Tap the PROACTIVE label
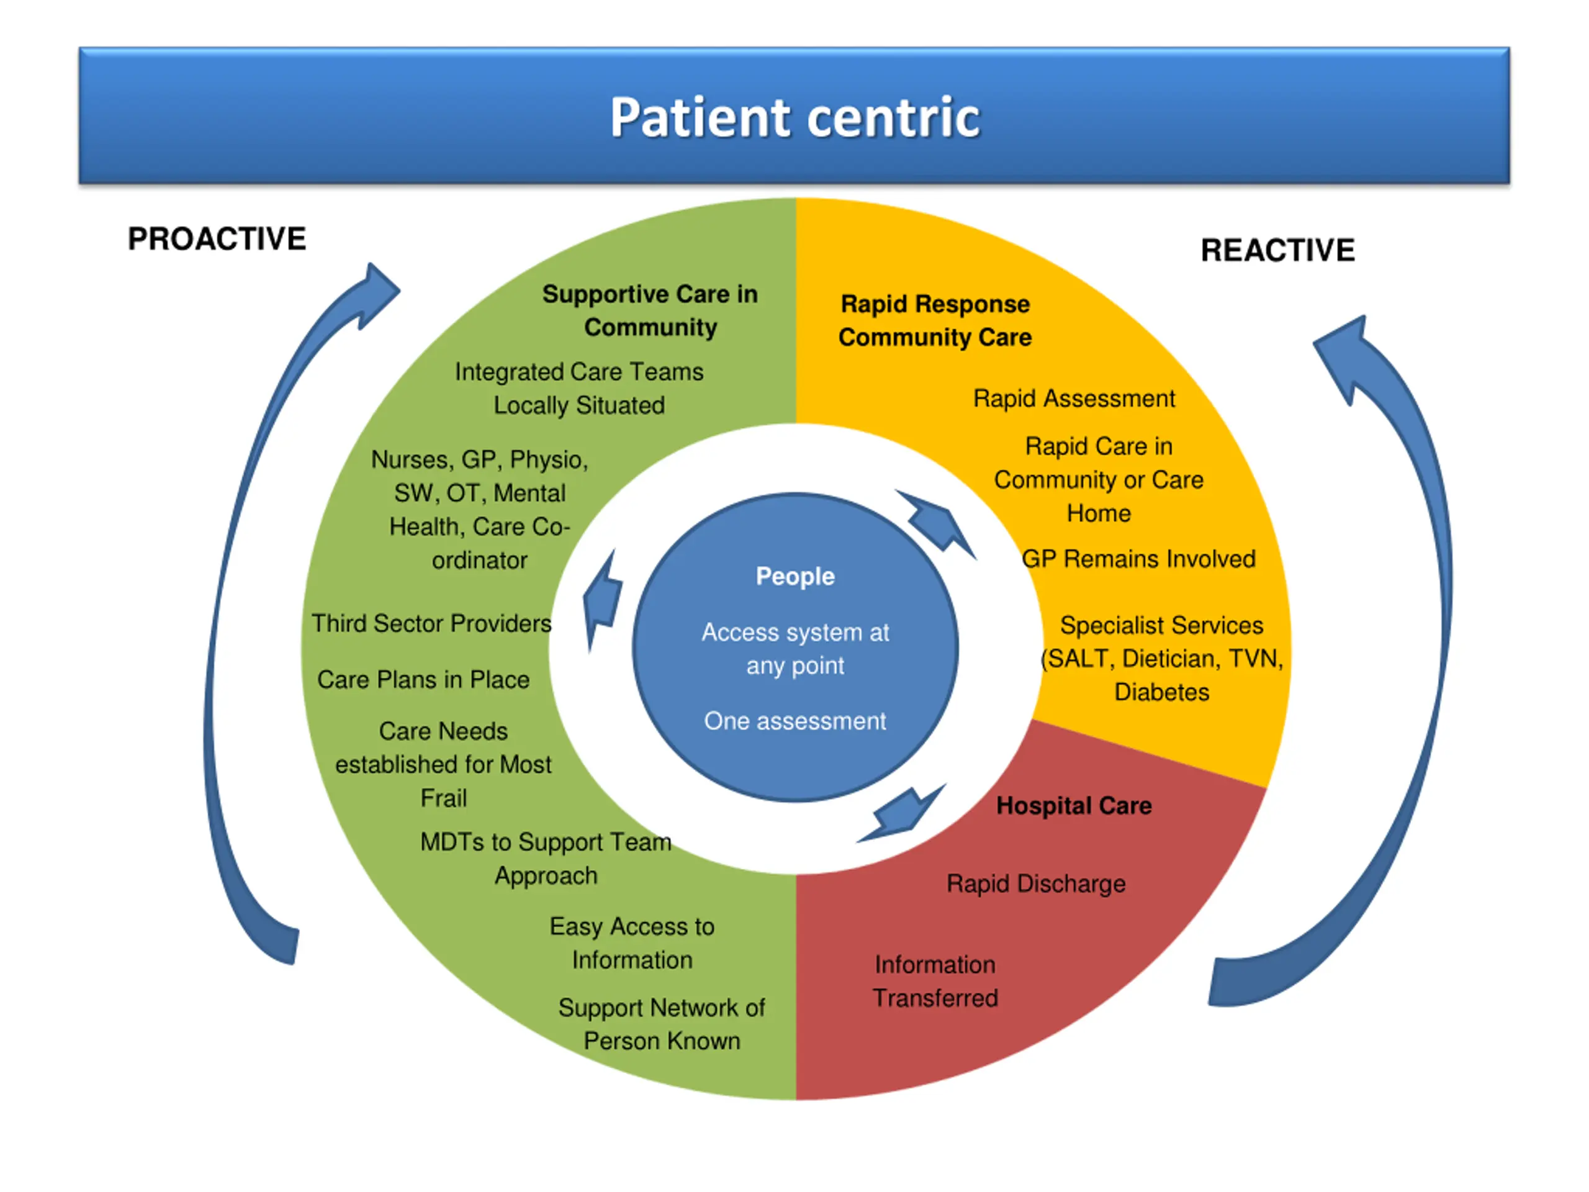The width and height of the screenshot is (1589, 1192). [217, 239]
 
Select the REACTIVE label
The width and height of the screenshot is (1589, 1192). [1277, 251]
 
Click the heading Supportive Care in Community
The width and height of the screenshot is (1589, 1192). [650, 310]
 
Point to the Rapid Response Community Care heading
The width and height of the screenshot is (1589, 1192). [935, 320]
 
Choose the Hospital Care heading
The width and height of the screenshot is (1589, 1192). [1073, 806]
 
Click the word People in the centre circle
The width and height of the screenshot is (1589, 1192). [794, 576]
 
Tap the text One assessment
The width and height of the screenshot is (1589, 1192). [794, 721]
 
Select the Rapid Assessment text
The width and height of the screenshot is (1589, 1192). [1073, 399]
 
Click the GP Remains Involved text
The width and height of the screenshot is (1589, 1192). [1138, 559]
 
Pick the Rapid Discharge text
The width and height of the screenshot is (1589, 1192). [1035, 884]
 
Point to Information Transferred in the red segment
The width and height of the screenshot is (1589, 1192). [935, 982]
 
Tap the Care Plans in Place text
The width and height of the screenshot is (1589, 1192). [423, 680]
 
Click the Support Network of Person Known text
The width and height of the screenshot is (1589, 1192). [662, 1024]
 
